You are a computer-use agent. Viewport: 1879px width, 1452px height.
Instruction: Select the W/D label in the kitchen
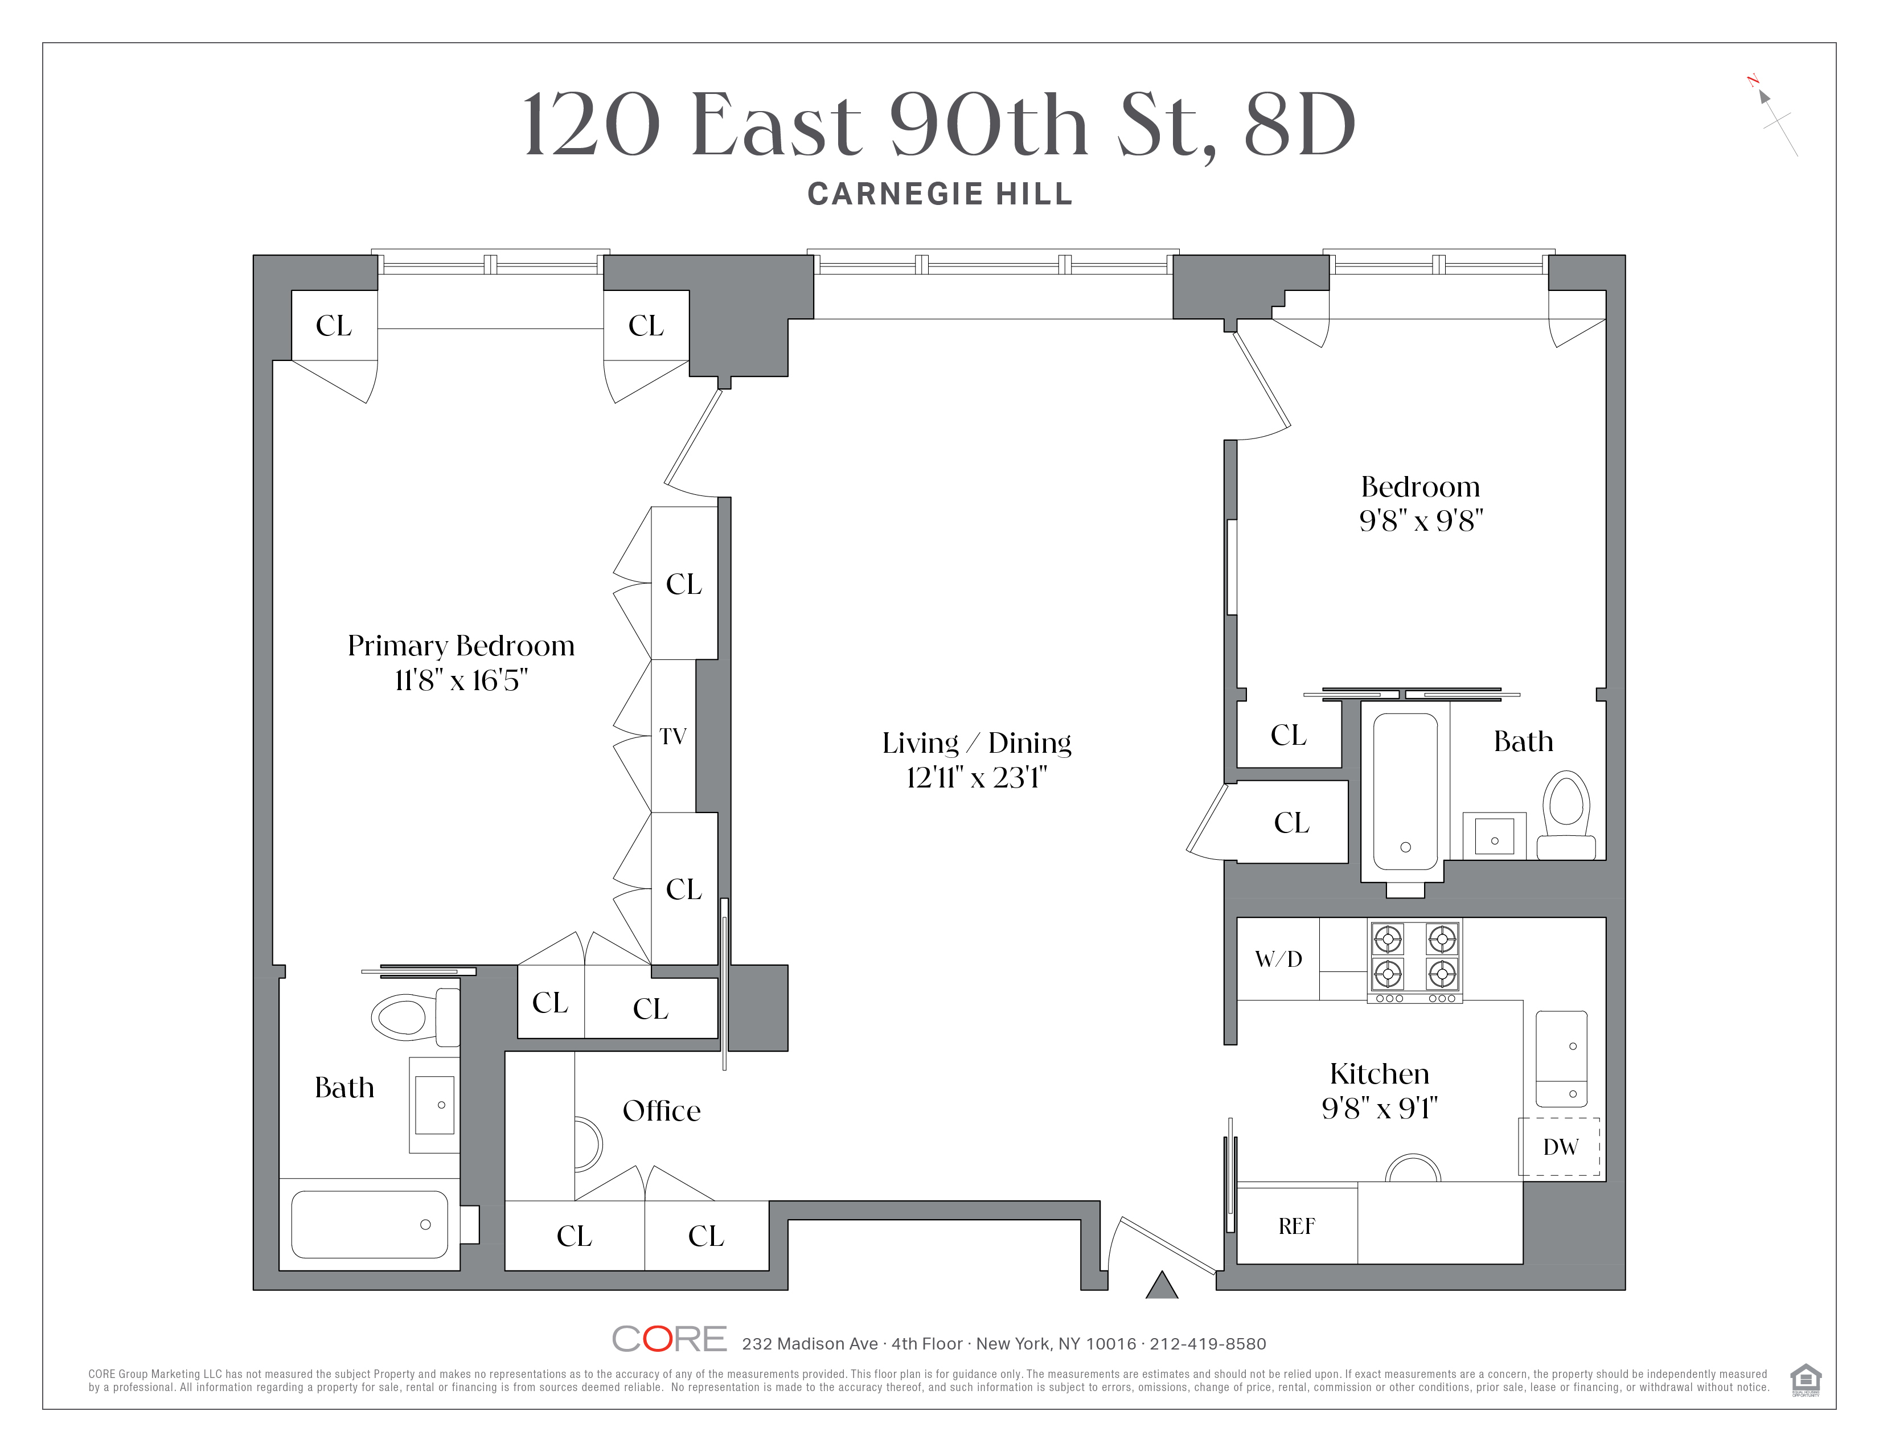(1278, 959)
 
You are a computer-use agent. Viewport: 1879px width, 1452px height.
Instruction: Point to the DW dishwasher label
(1560, 1147)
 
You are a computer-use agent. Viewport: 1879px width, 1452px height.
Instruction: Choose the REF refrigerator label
(1297, 1227)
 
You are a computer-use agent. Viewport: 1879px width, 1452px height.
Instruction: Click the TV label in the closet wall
(673, 736)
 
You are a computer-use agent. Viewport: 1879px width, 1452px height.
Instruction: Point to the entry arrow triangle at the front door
(1162, 1285)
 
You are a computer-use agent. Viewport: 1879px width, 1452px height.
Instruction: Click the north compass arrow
(1764, 96)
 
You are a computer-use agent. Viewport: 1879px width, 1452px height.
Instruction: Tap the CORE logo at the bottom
(670, 1339)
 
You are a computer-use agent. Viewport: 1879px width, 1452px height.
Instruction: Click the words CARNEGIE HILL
(939, 194)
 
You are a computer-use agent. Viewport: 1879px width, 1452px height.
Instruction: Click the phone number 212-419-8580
(1207, 1344)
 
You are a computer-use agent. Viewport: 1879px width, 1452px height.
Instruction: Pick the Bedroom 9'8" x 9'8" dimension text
(1421, 521)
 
